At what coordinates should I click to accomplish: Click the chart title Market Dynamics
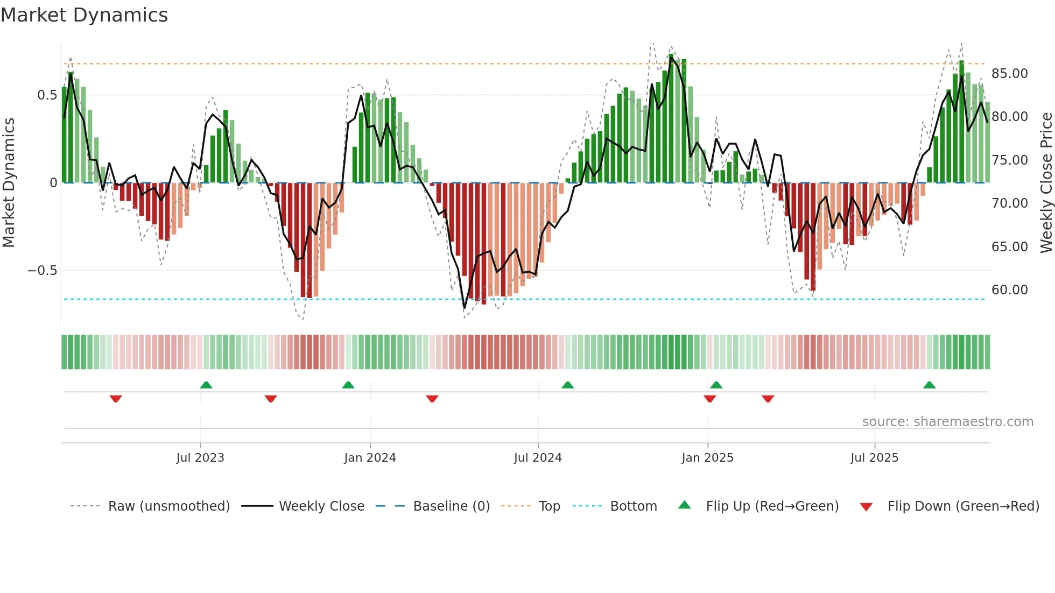coord(84,15)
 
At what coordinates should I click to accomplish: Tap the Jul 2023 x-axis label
coord(200,458)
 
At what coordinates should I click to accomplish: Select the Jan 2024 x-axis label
coord(370,458)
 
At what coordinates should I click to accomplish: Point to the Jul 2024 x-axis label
coord(538,458)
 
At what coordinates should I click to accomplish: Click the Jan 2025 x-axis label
coord(707,458)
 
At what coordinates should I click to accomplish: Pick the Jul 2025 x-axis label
coord(875,458)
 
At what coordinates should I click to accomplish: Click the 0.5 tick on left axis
coord(47,95)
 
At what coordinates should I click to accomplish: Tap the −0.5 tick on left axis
coord(43,271)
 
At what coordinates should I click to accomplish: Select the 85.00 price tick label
coord(1010,74)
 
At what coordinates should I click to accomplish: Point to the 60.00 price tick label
coord(1010,290)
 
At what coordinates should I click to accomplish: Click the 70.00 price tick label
coord(1010,203)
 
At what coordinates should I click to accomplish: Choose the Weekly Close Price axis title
coord(1046,182)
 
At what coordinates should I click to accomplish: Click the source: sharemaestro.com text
coord(947,422)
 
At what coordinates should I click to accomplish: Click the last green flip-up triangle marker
coord(929,385)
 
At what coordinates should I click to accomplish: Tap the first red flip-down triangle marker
coord(116,399)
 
